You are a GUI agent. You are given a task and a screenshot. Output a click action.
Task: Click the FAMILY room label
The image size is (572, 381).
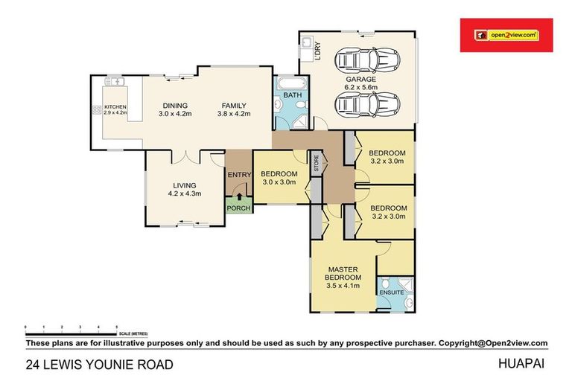[x=233, y=106]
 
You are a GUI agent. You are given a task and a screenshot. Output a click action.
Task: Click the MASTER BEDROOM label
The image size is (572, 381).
[x=342, y=273]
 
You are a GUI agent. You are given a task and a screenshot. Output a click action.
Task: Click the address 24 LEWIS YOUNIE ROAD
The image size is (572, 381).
[x=99, y=365]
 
